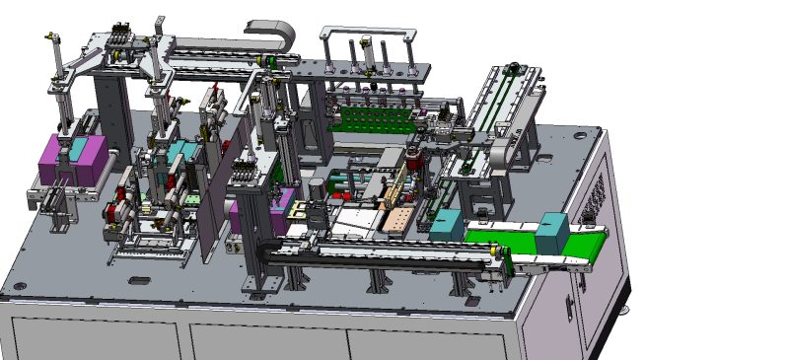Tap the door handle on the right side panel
click(x=569, y=305)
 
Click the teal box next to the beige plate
click(x=446, y=225)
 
